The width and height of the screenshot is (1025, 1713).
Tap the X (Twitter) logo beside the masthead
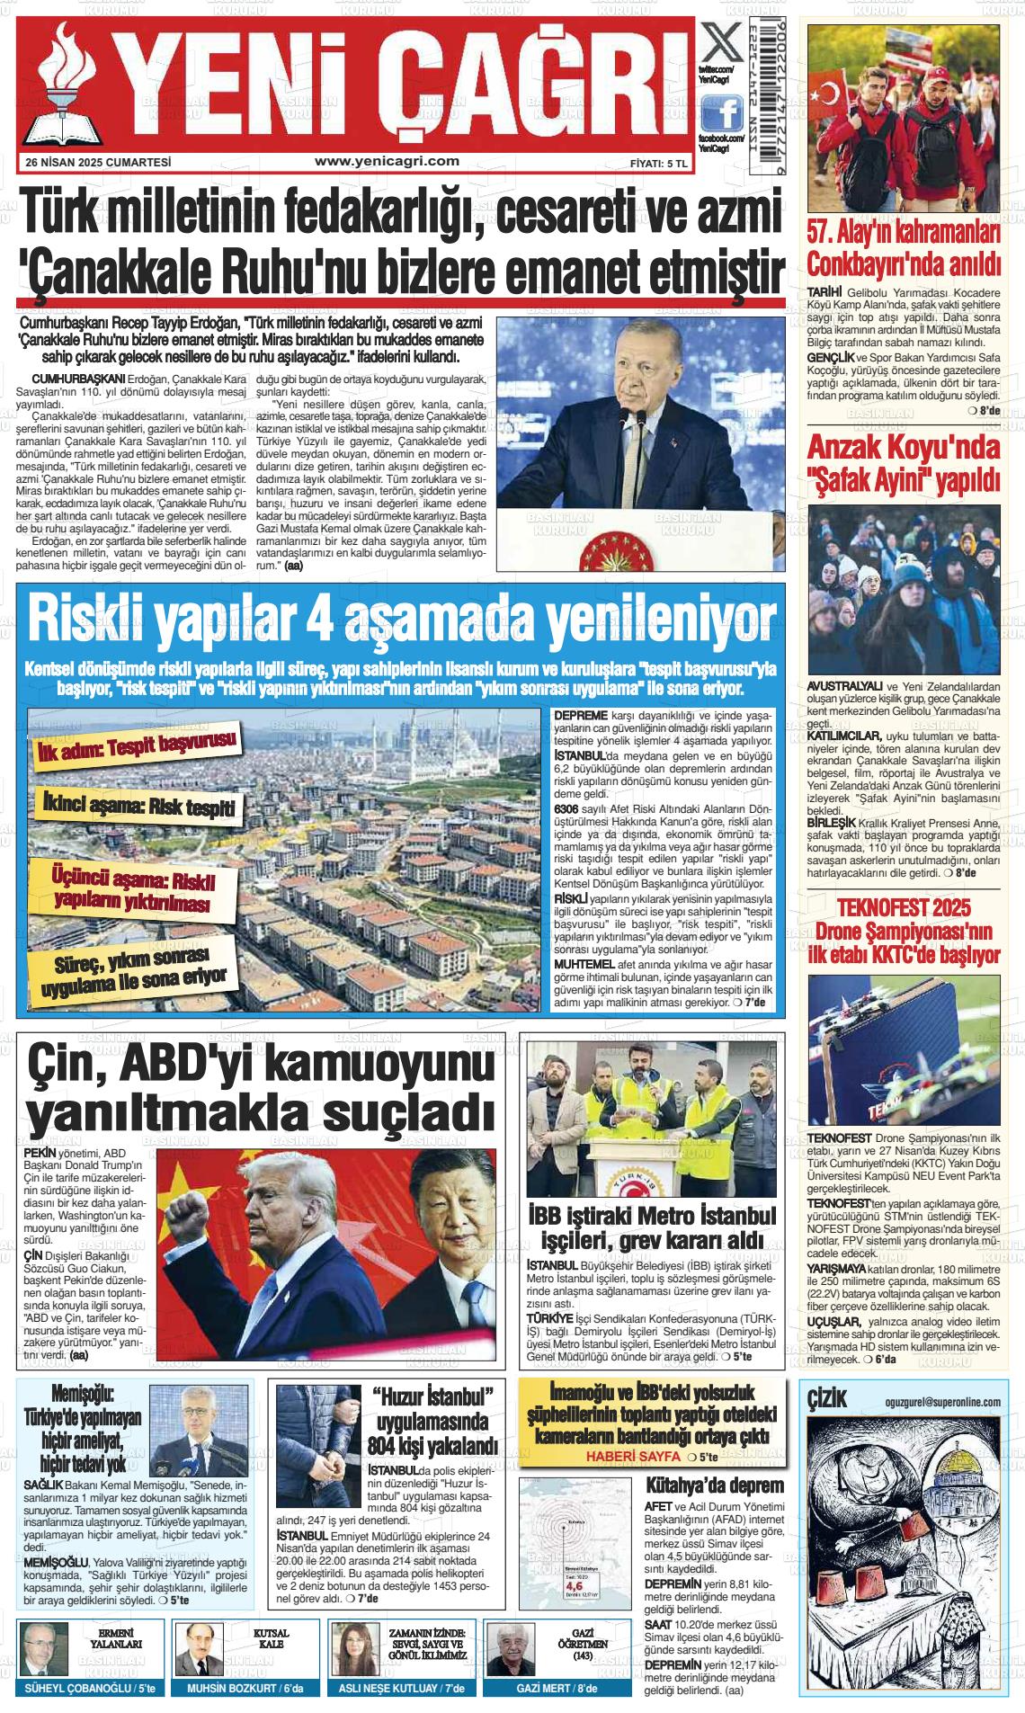tap(721, 43)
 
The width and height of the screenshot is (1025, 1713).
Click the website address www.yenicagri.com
tap(388, 162)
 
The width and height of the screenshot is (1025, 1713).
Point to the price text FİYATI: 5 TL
tap(658, 164)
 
